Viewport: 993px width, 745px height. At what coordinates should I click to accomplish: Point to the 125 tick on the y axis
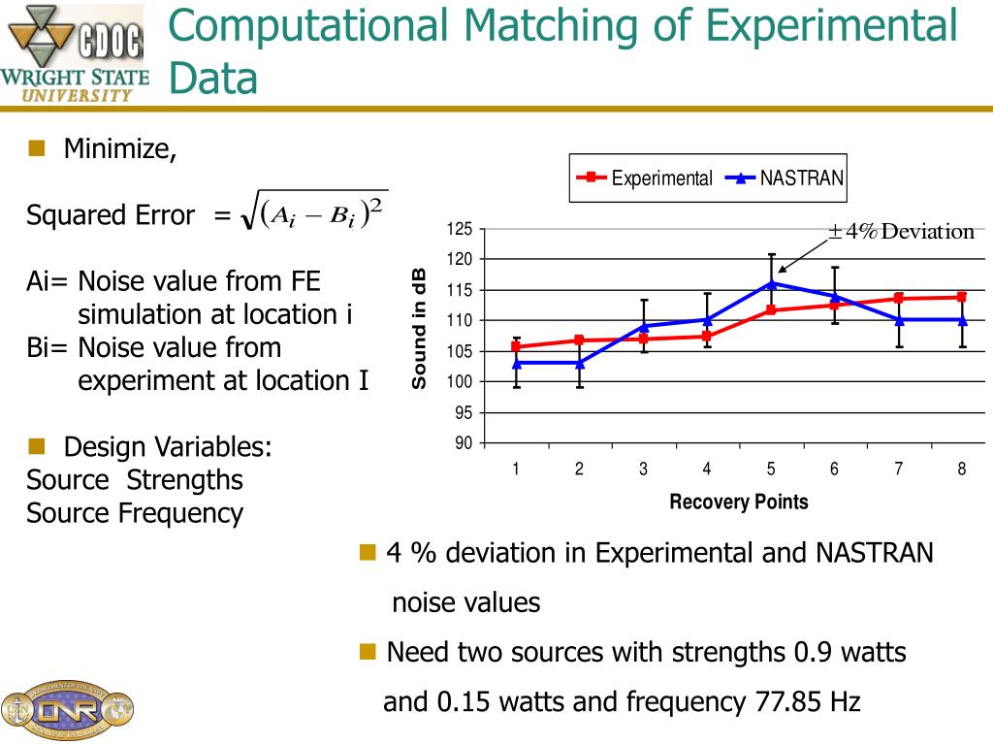pyautogui.click(x=459, y=229)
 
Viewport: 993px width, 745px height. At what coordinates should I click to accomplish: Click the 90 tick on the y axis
pyautogui.click(x=463, y=443)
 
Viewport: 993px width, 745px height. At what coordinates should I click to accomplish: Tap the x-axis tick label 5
pyautogui.click(x=771, y=470)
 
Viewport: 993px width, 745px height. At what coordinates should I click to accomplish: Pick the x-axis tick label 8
pyautogui.click(x=962, y=470)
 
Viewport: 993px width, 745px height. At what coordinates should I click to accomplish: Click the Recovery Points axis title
pyautogui.click(x=738, y=502)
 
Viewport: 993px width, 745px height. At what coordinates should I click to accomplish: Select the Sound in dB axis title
pyautogui.click(x=419, y=328)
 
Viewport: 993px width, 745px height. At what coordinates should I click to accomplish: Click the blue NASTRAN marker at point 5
pyautogui.click(x=772, y=283)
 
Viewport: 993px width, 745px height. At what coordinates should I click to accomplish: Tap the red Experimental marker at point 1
pyautogui.click(x=516, y=346)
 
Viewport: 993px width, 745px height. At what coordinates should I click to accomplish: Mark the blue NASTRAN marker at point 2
pyautogui.click(x=580, y=363)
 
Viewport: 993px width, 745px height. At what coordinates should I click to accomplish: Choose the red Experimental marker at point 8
pyautogui.click(x=962, y=297)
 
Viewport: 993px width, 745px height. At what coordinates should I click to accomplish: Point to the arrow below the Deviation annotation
pyautogui.click(x=799, y=258)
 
